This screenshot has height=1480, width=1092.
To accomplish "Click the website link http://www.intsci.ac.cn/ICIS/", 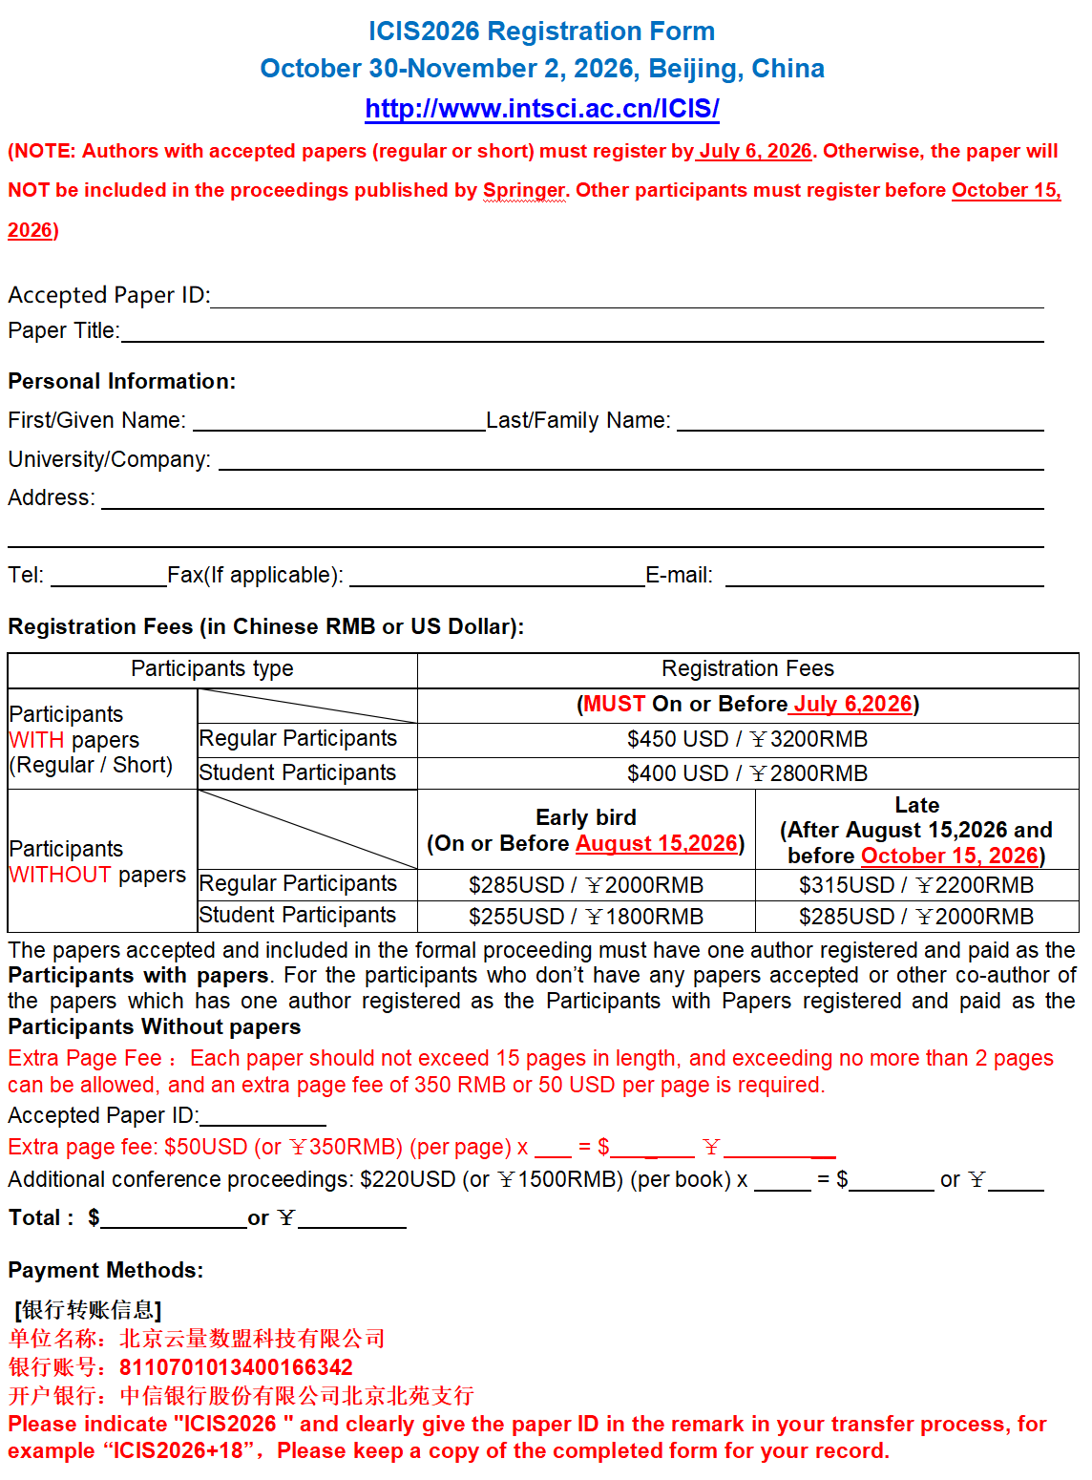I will click(x=541, y=109).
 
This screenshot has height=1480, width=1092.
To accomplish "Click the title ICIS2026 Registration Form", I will click(x=541, y=32).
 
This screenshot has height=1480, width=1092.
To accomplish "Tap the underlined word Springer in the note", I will click(x=524, y=190).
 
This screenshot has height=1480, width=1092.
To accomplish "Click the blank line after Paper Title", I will click(x=581, y=332).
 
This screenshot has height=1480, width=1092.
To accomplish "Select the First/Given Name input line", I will click(x=339, y=422).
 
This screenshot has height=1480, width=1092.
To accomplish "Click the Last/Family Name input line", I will click(x=859, y=422).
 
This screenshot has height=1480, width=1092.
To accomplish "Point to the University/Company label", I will click(x=109, y=459).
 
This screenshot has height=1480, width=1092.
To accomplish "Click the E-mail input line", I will click(x=884, y=577).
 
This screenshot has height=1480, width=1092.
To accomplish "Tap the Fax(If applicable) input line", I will click(x=496, y=577).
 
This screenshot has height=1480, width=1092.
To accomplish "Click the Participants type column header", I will click(x=212, y=668).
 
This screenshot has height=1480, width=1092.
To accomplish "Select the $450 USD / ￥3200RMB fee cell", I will click(x=747, y=739).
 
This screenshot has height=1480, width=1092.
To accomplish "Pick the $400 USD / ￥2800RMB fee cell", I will click(x=747, y=773).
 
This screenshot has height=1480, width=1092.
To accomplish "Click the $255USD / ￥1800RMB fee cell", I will click(x=586, y=917).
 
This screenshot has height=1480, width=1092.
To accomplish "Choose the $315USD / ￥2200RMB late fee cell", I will click(x=916, y=885).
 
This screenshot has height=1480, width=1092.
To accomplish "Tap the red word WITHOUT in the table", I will click(x=60, y=875).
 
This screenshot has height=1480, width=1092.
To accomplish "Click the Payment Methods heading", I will click(x=106, y=1270).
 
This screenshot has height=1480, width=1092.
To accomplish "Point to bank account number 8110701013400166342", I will click(x=236, y=1367).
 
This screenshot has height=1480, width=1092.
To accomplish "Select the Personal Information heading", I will click(x=122, y=381).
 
